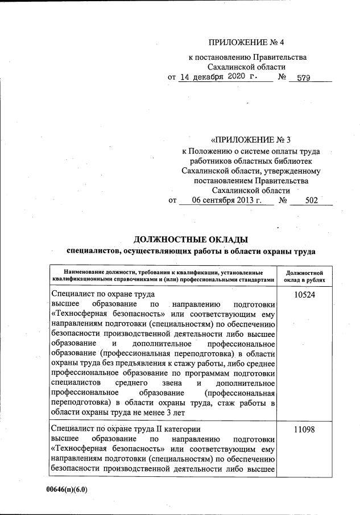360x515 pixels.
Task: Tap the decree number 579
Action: point(303,79)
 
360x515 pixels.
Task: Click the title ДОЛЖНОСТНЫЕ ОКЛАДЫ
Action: point(191,239)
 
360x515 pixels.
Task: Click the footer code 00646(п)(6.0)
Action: point(67,489)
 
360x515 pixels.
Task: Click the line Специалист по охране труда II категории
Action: point(125,427)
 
